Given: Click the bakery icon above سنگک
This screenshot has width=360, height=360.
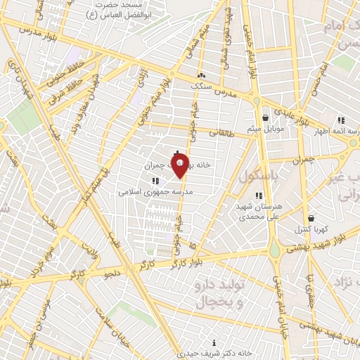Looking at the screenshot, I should click(202, 75).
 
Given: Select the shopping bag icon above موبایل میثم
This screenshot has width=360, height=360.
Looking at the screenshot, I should click(265, 118).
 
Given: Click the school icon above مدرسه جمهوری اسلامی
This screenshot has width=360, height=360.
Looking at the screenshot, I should click(154, 181).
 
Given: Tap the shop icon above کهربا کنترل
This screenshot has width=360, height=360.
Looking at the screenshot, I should click(311, 218).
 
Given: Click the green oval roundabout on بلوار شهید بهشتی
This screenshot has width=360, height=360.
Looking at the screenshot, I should click(274, 251).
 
